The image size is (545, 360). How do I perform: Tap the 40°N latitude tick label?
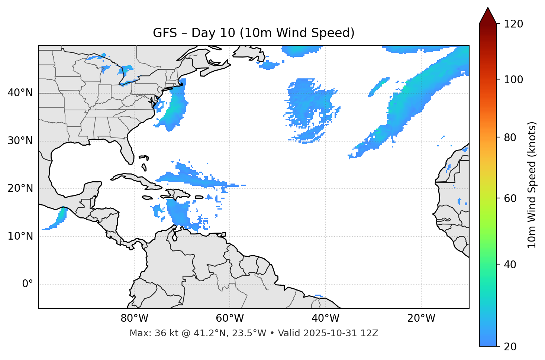pyautogui.click(x=20, y=93)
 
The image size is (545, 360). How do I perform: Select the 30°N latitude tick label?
pyautogui.click(x=20, y=141)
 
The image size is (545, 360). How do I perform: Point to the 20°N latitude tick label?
pyautogui.click(x=20, y=188)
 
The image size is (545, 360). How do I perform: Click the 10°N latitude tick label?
pyautogui.click(x=20, y=236)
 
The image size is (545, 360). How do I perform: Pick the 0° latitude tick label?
pyautogui.click(x=28, y=284)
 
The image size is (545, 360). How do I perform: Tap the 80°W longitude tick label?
pyautogui.click(x=134, y=318)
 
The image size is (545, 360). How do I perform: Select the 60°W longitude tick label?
pyautogui.click(x=229, y=318)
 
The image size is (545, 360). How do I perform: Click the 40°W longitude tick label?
pyautogui.click(x=325, y=318)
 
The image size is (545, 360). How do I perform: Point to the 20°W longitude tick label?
pyautogui.click(x=421, y=318)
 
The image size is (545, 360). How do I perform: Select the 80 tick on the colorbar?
pyautogui.click(x=510, y=137)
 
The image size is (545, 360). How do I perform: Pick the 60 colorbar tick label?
pyautogui.click(x=510, y=198)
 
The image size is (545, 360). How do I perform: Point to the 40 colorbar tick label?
pyautogui.click(x=510, y=265)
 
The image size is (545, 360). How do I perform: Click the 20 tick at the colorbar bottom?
pyautogui.click(x=510, y=346)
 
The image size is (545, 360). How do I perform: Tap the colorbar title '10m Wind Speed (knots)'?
pyautogui.click(x=532, y=185)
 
